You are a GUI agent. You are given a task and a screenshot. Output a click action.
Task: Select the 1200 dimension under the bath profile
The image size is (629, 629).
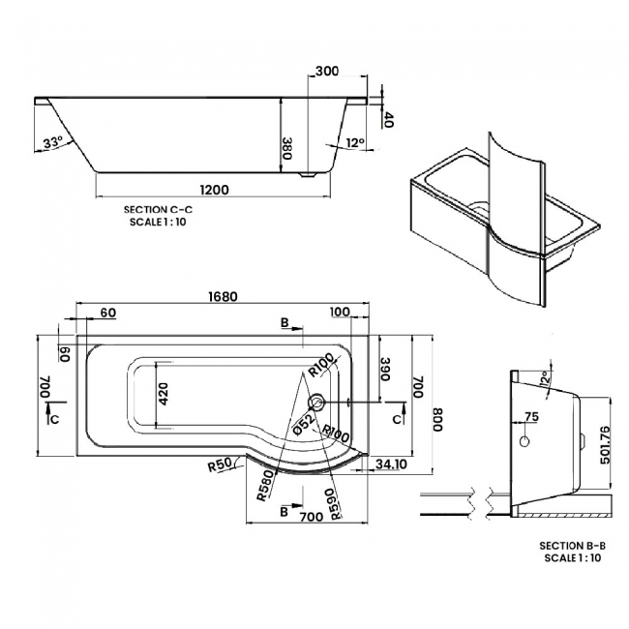[x=210, y=190]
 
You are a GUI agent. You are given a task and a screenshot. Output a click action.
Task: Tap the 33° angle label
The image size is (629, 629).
[x=52, y=142]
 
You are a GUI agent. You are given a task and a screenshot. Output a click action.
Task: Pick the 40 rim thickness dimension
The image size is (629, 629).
[x=388, y=120]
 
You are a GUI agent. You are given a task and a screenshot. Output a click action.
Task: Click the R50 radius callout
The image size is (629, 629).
[x=220, y=465]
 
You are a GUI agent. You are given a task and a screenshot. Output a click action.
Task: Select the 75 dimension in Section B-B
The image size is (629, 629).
[x=530, y=417]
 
